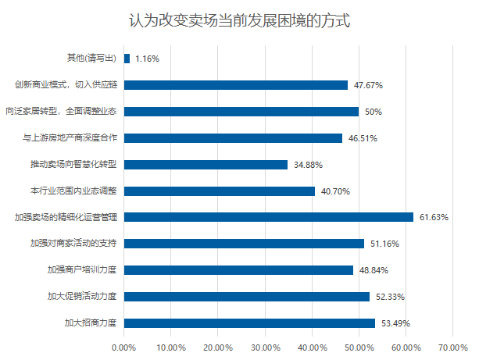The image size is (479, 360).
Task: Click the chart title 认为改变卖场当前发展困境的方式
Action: tap(239, 20)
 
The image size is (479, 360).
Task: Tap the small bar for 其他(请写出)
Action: tap(127, 59)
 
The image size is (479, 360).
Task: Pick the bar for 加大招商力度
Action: tap(249, 323)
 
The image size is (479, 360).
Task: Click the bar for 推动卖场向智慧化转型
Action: tap(206, 165)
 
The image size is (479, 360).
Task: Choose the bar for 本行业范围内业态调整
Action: tap(220, 191)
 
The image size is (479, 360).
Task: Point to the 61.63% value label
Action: tap(433, 217)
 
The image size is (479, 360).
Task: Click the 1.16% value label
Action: tap(147, 59)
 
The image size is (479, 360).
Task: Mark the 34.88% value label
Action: tap(308, 165)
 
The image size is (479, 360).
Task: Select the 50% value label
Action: tap(373, 112)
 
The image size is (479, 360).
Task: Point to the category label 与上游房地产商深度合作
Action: tap(69, 138)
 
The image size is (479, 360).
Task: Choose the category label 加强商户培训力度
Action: tap(81, 270)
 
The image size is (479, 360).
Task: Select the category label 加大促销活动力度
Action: tap(81, 297)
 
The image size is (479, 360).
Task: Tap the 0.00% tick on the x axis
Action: tap(124, 347)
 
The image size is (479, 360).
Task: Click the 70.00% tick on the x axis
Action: tap(453, 347)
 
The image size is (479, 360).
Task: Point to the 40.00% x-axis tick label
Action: tap(313, 347)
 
